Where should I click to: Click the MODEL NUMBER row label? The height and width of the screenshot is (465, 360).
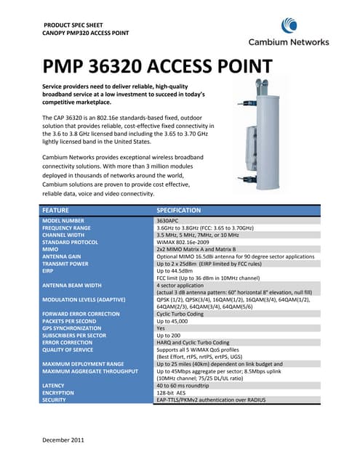point(65,219)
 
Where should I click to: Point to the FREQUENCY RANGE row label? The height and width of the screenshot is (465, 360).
point(70,227)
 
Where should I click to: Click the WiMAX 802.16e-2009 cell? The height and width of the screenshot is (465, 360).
point(186,243)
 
